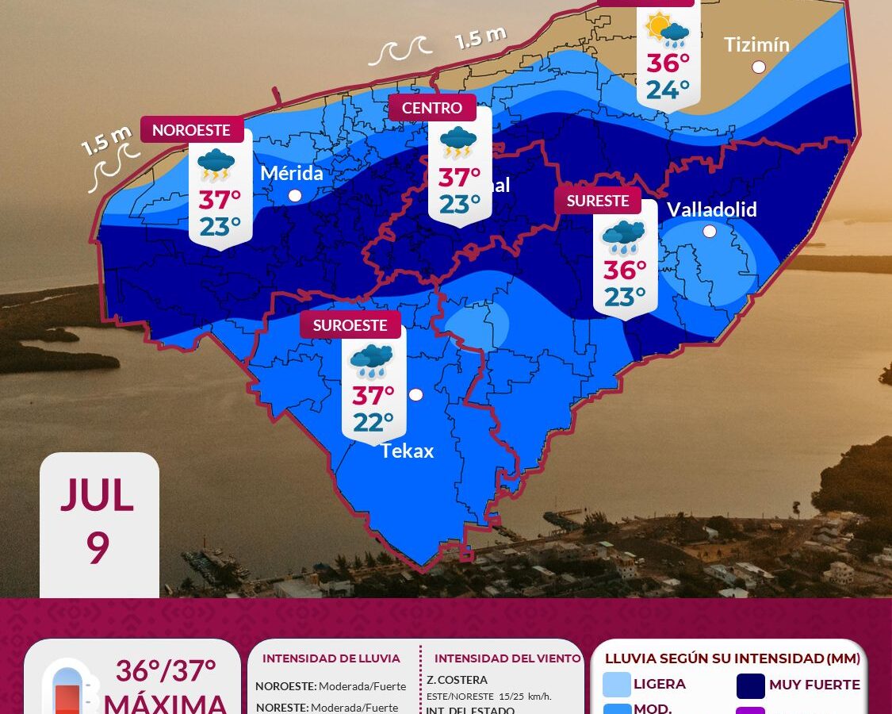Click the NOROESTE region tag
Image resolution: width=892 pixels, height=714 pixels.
point(191,130)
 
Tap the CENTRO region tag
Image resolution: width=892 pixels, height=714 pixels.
point(432,108)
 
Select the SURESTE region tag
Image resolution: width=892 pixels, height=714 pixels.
point(598,201)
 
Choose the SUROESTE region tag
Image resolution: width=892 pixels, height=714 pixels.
point(350,325)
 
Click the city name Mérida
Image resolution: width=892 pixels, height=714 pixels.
point(292,172)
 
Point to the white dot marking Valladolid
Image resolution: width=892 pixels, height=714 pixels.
point(710,232)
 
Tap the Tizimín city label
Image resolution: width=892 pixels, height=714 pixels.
point(756,44)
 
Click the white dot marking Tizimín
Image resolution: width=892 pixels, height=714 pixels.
point(759,67)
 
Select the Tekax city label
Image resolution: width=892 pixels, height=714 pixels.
point(408,451)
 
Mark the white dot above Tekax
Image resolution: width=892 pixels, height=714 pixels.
point(416,394)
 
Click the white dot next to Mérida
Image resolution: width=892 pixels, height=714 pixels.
point(295,195)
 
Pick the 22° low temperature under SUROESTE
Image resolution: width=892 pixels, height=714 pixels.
point(373,423)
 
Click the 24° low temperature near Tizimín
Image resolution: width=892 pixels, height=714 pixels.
point(668,90)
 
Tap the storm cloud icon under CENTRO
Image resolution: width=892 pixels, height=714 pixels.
point(458,143)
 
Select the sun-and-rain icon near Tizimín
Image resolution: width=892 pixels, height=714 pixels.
point(668,30)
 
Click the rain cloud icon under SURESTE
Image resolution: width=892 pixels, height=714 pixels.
point(624,237)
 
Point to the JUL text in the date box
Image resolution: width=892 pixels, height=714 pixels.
point(98,497)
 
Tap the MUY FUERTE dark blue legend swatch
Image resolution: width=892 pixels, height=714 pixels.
point(750,685)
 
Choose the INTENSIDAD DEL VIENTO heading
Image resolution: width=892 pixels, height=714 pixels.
point(507,658)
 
